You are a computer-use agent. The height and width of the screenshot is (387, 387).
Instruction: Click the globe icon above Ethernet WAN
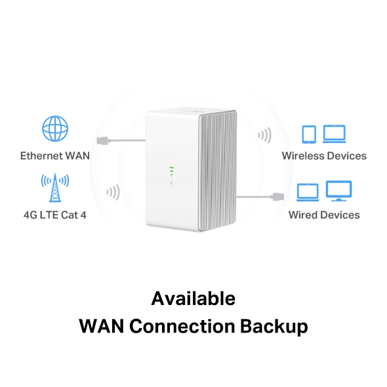(x=55, y=130)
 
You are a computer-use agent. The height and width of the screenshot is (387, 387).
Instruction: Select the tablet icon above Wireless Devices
(x=309, y=134)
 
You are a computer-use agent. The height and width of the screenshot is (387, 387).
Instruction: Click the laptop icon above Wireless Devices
(x=335, y=134)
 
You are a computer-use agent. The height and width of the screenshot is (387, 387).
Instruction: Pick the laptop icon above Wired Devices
(x=308, y=192)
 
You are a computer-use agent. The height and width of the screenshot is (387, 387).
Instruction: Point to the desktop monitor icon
(x=339, y=191)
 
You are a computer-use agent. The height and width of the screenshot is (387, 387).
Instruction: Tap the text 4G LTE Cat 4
(x=55, y=214)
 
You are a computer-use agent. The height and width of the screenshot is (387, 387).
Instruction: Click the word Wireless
(x=302, y=156)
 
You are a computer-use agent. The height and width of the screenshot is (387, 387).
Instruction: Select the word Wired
(x=302, y=214)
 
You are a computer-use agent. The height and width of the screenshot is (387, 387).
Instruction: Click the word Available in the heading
(x=193, y=298)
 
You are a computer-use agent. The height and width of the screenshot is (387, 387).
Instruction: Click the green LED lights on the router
(x=171, y=174)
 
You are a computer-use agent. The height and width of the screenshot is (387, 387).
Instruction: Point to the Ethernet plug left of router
(x=103, y=140)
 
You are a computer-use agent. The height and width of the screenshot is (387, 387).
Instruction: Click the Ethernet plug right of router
(x=279, y=195)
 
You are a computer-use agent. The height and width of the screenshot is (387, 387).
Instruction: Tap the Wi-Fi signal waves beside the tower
(x=113, y=193)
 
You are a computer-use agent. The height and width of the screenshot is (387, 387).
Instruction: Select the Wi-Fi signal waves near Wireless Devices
(x=264, y=136)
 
